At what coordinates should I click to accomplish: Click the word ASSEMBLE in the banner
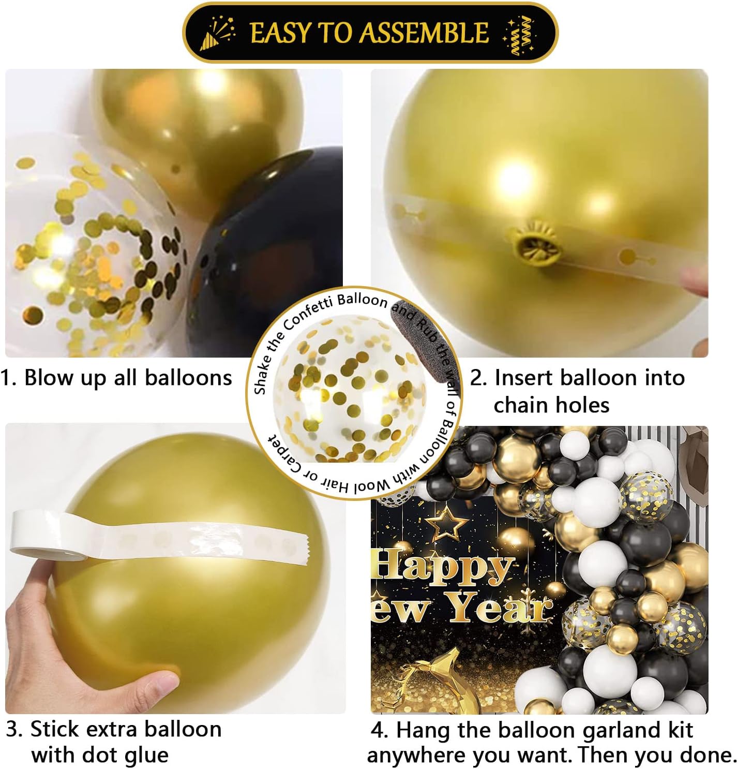click(424, 33)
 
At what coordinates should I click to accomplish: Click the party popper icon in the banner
click(218, 33)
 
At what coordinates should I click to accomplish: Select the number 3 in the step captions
click(14, 730)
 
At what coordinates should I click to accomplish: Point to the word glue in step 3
click(147, 756)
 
